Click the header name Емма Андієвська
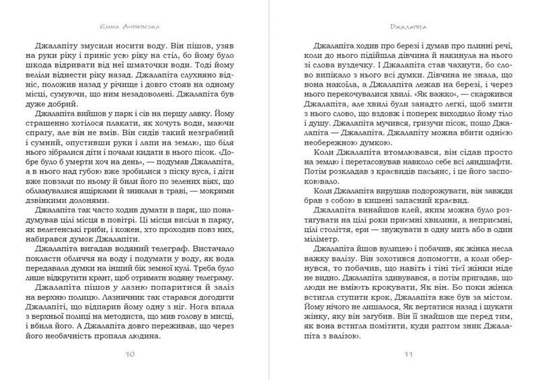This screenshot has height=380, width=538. [x=132, y=28]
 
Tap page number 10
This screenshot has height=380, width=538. [x=132, y=354]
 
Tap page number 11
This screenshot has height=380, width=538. [x=406, y=354]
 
